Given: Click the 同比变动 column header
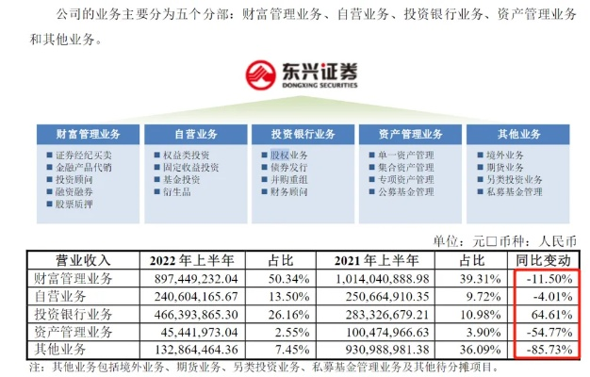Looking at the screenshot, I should click(547, 259).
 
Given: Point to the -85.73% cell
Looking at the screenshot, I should click(549, 350).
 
